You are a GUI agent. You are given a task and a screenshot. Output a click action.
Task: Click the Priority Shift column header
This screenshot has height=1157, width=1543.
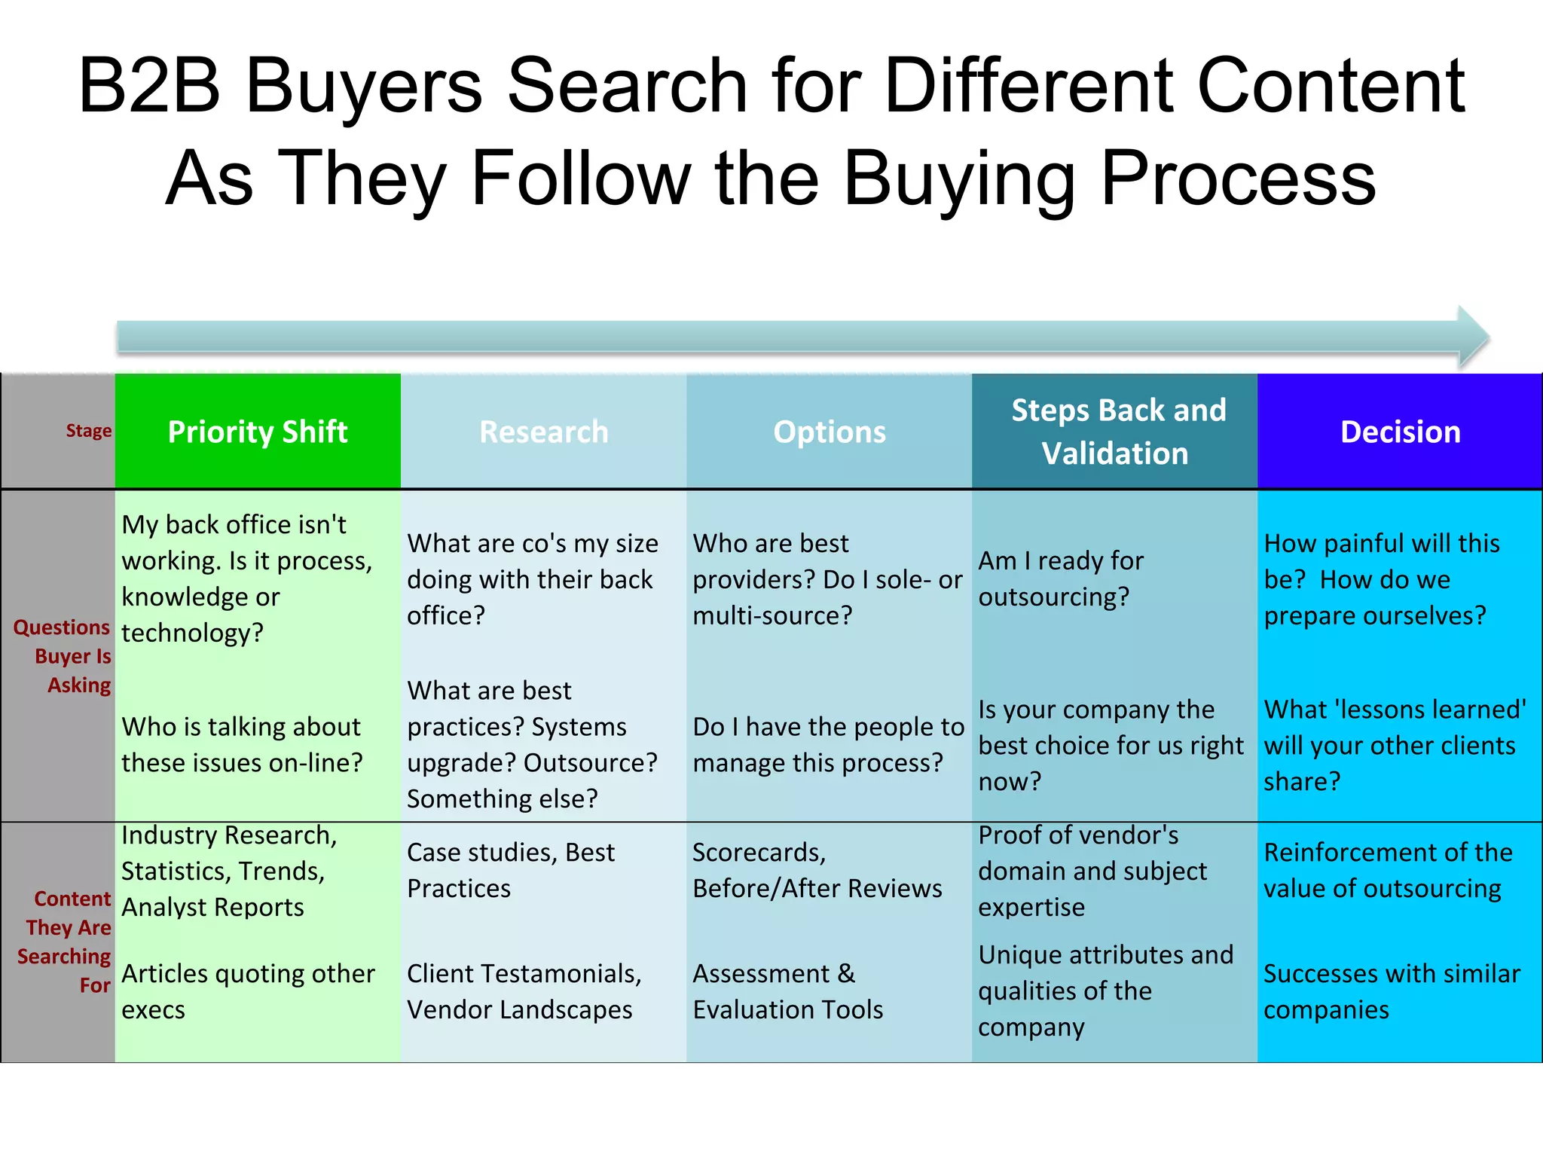click(257, 432)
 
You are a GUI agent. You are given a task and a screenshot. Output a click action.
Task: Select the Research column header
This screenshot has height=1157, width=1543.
click(543, 432)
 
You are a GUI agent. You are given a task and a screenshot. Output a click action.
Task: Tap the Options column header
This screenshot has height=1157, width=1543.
click(829, 432)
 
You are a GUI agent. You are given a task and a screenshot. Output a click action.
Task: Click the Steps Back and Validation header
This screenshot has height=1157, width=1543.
click(1117, 432)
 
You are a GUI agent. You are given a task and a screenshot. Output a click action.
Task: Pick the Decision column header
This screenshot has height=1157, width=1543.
click(1400, 432)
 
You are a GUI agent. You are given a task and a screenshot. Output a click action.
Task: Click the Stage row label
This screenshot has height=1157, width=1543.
click(88, 431)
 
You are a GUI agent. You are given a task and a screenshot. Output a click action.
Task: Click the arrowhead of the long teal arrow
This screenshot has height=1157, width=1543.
click(1473, 337)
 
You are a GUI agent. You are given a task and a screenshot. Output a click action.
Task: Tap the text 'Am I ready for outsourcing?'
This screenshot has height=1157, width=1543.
click(1061, 578)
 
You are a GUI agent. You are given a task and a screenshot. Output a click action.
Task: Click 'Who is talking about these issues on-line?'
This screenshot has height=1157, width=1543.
click(242, 744)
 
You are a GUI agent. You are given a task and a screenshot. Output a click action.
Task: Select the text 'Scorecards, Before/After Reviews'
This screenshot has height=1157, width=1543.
click(817, 870)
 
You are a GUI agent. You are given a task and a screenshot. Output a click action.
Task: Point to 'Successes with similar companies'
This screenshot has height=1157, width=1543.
click(1391, 991)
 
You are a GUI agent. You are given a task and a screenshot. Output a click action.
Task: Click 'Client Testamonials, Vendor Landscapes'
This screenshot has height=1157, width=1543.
click(524, 991)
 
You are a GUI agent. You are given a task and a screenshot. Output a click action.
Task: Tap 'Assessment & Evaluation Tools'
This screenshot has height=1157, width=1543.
click(787, 991)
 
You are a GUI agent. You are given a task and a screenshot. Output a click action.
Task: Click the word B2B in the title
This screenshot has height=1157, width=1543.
click(149, 85)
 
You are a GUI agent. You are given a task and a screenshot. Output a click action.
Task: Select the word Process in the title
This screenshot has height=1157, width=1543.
click(1238, 179)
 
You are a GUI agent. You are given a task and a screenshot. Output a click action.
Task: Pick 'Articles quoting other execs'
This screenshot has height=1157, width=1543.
click(248, 991)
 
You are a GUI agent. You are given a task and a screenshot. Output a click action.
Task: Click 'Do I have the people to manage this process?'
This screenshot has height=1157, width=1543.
click(828, 744)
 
